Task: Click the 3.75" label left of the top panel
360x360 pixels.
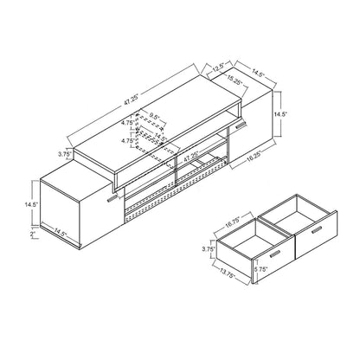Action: point(62,156)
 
